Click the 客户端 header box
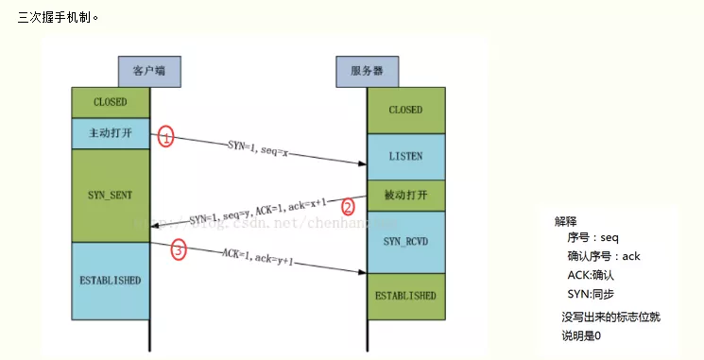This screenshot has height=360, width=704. point(148,71)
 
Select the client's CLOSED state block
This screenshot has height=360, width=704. point(112,102)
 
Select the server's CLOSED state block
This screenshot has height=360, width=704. point(405,111)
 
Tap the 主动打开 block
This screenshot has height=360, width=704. point(112,133)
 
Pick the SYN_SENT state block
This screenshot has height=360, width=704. point(112,194)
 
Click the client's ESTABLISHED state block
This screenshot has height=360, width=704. point(112,281)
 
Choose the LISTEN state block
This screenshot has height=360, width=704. point(405,156)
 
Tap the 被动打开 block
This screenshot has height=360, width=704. point(405,196)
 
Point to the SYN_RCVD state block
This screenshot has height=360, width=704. point(405,242)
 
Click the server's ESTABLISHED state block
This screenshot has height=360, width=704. point(405,295)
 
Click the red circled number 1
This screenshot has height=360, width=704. point(166,137)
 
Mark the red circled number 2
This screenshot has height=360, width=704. point(348,206)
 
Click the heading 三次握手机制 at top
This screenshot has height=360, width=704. point(57,17)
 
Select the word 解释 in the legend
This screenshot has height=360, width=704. point(565,221)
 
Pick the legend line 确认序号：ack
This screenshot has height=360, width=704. point(604,256)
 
